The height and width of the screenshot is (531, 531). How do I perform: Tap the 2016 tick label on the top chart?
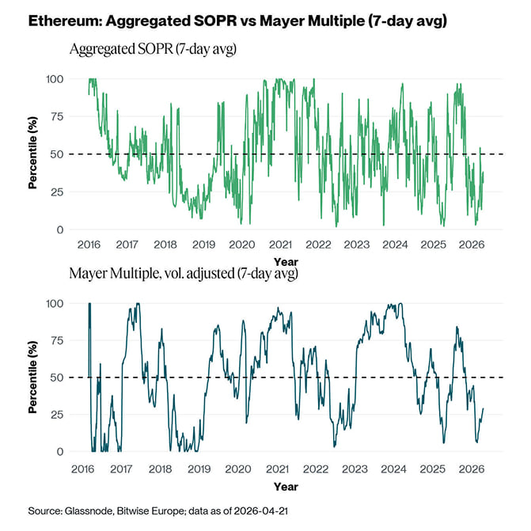click(89, 245)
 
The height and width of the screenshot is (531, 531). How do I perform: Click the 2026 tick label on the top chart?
click(471, 245)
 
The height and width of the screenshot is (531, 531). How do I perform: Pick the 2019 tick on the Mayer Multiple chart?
click(203, 469)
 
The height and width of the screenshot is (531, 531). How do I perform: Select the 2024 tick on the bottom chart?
click(394, 469)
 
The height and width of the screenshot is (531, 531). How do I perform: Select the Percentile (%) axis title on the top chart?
click(33, 154)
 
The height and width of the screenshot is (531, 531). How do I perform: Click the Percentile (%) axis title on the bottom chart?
click(33, 377)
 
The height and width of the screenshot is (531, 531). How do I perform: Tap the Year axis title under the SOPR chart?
click(286, 260)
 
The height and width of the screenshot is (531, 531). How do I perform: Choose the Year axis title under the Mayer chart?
click(286, 485)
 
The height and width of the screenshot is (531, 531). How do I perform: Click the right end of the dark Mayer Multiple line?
click(484, 409)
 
